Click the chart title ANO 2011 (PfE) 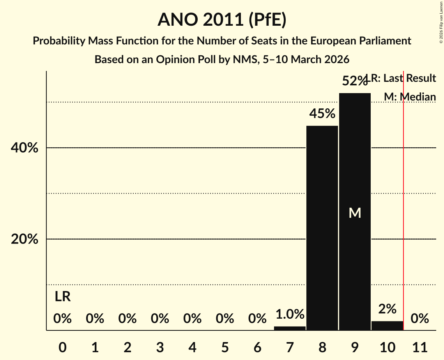pyautogui.click(x=222, y=20)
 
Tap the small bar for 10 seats pyautogui.click(x=387, y=326)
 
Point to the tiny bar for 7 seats pyautogui.click(x=290, y=328)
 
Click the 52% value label pyautogui.click(x=354, y=81)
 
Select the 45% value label pyautogui.click(x=322, y=114)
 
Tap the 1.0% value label pyautogui.click(x=290, y=314)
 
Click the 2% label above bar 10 pyautogui.click(x=387, y=309)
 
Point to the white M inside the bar pyautogui.click(x=355, y=213)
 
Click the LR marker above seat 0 pyautogui.click(x=62, y=297)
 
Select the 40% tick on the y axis pyautogui.click(x=25, y=148)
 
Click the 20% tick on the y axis pyautogui.click(x=25, y=239)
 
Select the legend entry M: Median pyautogui.click(x=410, y=97)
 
